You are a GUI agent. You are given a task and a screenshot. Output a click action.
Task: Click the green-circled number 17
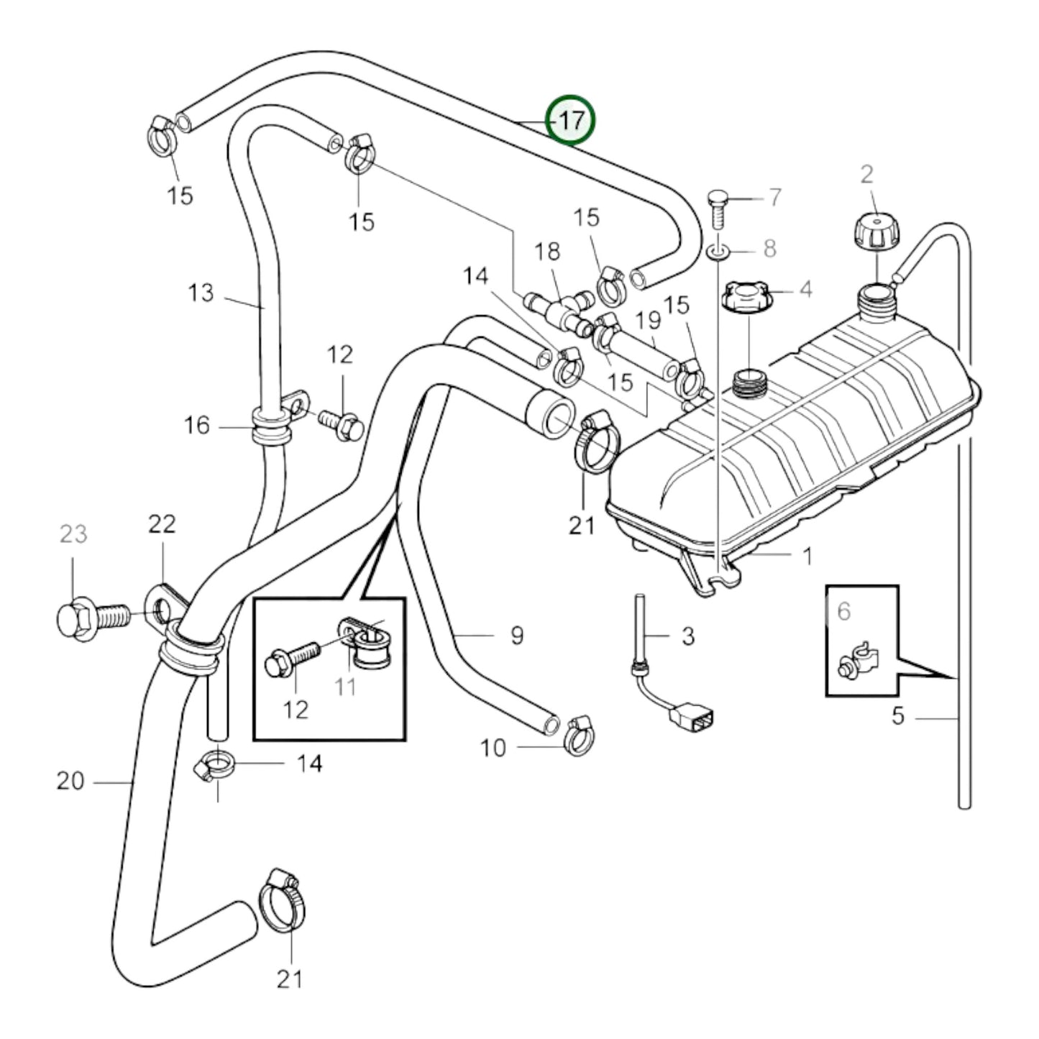(571, 121)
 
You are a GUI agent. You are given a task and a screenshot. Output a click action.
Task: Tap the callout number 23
(73, 534)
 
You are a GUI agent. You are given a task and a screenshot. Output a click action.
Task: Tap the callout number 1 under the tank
(807, 556)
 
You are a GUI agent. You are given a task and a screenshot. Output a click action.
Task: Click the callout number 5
(897, 717)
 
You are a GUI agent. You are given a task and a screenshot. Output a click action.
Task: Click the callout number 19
(648, 319)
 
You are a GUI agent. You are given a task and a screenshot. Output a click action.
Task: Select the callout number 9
(517, 635)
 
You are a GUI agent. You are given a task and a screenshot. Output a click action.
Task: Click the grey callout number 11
(346, 687)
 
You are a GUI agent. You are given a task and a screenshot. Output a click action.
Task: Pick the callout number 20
(70, 780)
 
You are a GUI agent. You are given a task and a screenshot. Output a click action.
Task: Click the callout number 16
(197, 426)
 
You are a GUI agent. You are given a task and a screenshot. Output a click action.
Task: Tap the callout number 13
(201, 293)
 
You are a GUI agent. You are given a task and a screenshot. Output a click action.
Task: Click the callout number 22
(162, 524)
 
